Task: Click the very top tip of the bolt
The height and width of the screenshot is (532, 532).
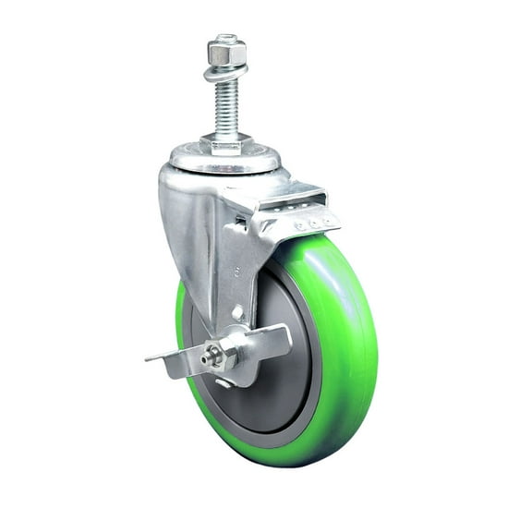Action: coord(225,37)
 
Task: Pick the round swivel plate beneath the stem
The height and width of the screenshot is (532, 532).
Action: coord(226,160)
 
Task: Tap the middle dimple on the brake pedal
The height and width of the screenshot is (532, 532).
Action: coord(312,222)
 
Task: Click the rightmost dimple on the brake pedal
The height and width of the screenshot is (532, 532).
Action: coord(325,220)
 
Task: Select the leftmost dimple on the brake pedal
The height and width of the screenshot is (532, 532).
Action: coord(299,225)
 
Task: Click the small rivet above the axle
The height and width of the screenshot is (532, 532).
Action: coord(237,313)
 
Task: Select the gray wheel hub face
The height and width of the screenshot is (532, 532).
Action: coord(282,388)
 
